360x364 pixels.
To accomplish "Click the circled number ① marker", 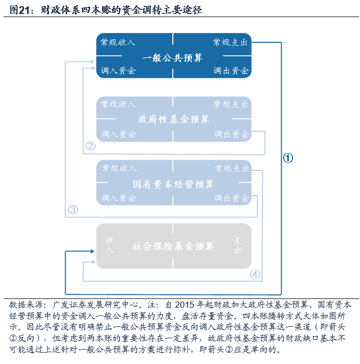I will [288, 158].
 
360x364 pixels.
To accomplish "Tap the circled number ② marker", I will [91, 146].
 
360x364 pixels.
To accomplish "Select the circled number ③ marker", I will [73, 210].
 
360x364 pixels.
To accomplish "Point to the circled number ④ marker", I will [255, 275].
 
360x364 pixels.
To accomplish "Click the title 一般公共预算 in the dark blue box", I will [173, 57].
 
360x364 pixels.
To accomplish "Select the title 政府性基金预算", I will [174, 120].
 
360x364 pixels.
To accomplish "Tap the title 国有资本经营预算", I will [173, 184].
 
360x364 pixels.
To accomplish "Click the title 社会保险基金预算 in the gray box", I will [173, 246].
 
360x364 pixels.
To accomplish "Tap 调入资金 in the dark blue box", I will [118, 71].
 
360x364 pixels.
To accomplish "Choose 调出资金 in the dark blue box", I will [231, 71].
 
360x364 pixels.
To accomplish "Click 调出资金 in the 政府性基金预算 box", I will [232, 134].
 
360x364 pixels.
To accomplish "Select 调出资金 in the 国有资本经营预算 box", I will [232, 198].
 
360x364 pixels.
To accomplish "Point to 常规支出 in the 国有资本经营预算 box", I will [232, 168].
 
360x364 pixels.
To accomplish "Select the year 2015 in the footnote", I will [186, 305].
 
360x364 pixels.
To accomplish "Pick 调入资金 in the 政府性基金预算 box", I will [119, 134].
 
